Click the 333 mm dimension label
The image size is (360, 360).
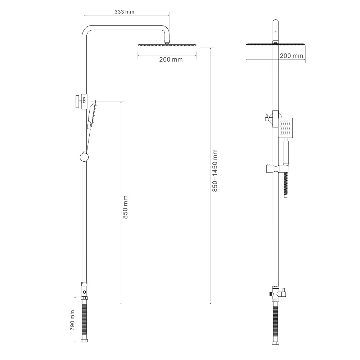(124, 12)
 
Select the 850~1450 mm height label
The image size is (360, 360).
(215, 171)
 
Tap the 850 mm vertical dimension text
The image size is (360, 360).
(125, 207)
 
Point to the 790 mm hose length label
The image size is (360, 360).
(73, 320)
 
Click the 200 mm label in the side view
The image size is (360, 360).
(171, 59)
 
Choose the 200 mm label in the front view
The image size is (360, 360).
(291, 56)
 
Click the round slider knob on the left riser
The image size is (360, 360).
(84, 157)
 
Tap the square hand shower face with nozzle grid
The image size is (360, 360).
(285, 128)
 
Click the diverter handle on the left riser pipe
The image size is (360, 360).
(78, 101)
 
